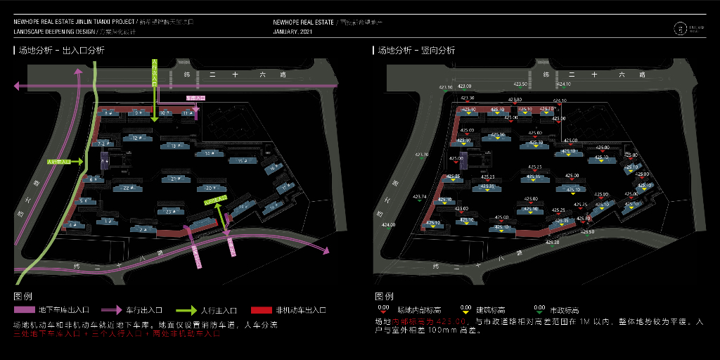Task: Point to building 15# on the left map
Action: [x=240, y=161]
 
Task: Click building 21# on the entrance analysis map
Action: [x=174, y=179]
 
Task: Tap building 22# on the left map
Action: [x=127, y=188]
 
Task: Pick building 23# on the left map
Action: [x=169, y=211]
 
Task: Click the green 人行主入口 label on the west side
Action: [x=59, y=162]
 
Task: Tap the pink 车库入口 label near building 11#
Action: [x=195, y=98]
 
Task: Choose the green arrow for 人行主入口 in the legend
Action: [x=184, y=310]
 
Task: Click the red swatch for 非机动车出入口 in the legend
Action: [x=261, y=310]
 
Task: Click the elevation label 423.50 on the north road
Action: [x=521, y=84]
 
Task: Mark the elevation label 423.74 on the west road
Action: [x=420, y=197]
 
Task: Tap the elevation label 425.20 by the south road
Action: [x=552, y=243]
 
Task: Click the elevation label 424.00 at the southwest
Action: [x=388, y=225]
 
